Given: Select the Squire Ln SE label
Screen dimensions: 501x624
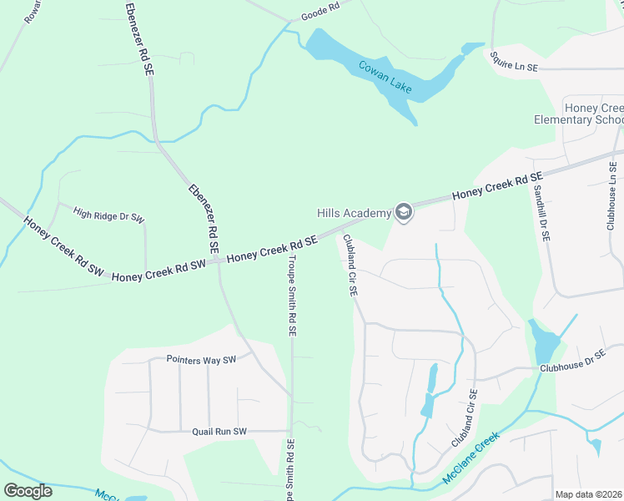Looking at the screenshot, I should [515, 59].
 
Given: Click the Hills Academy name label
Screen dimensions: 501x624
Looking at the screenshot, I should [354, 213].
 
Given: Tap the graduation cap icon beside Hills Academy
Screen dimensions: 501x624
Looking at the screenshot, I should [404, 213].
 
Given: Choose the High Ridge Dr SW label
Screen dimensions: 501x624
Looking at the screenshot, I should [108, 215].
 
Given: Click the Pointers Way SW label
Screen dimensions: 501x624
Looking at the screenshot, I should [202, 360].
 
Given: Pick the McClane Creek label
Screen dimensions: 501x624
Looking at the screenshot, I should [471, 458].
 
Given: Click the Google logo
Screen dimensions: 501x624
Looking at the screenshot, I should [28, 490].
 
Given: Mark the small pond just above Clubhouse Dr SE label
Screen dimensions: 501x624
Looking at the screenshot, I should [544, 341].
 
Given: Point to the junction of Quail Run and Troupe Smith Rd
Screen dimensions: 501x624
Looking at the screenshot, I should [291, 431].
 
